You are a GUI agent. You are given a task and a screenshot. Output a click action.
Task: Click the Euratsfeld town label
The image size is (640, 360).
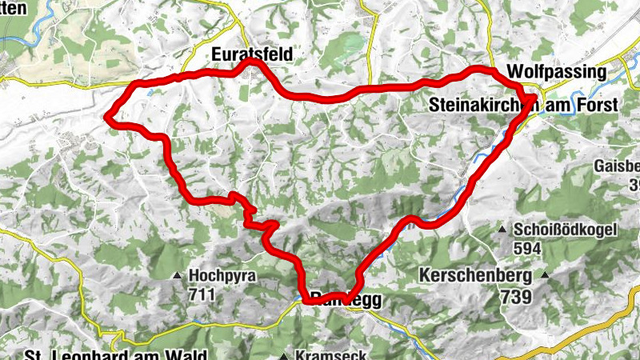252,54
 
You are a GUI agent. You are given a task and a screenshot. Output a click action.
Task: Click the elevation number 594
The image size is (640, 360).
527,248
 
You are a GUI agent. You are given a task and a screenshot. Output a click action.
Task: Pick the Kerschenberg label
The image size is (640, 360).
475,276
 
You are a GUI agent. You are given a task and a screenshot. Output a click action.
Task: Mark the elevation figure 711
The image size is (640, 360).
203,294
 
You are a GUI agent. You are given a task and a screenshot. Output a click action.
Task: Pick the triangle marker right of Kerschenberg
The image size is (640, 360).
546,276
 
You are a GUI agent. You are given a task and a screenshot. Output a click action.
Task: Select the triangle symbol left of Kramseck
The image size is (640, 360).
284,356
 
